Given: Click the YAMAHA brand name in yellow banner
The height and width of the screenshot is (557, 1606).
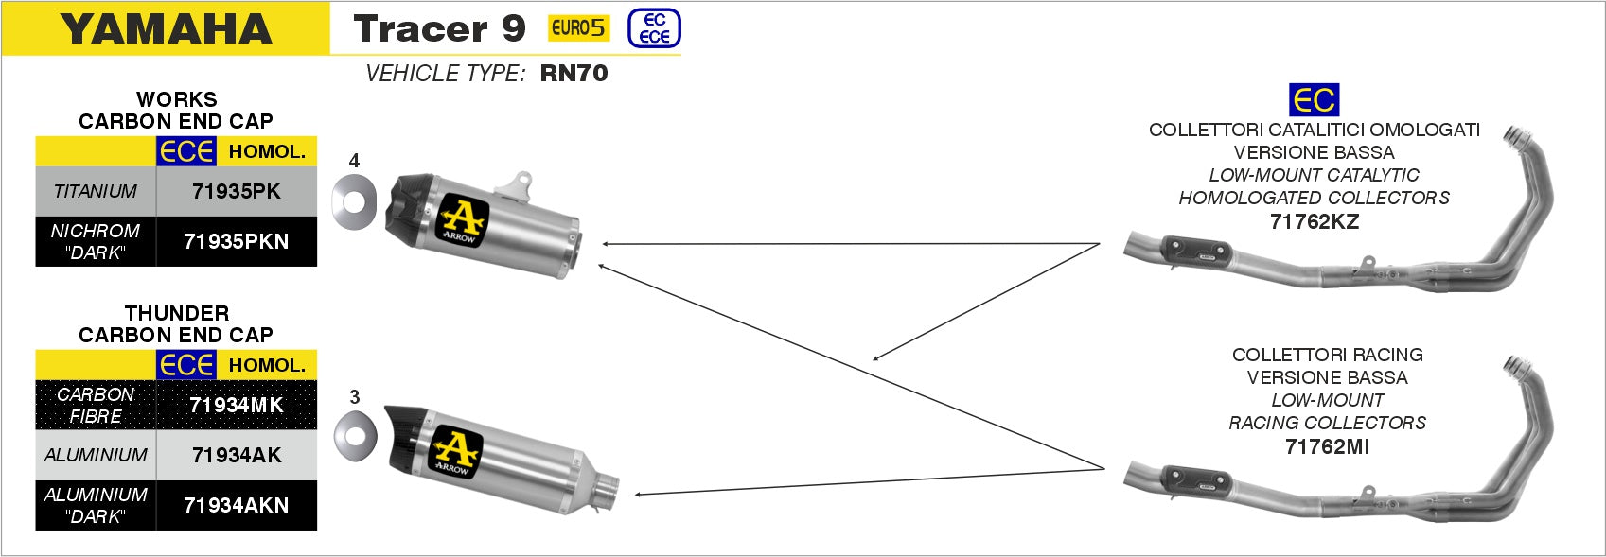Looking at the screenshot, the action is pos(166,29).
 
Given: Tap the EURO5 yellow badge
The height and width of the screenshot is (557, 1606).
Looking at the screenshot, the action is pos(578,28).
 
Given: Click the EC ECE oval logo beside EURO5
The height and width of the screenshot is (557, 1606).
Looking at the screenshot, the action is pos(654,28).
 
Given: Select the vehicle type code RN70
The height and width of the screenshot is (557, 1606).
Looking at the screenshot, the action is pos(574,73).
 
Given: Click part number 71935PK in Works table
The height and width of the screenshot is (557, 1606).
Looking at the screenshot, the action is pos(237,191).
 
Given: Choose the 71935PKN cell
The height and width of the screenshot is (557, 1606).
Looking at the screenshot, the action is pos(237,241).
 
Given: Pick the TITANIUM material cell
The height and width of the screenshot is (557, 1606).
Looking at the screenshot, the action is pos(96,191).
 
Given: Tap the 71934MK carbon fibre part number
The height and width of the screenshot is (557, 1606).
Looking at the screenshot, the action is pos(237,405).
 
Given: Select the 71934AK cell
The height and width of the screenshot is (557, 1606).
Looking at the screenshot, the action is pos(237,455).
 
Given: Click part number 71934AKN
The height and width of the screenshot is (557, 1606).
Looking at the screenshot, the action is pos(237,505).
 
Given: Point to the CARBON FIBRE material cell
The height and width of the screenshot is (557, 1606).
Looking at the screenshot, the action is pos(96,405).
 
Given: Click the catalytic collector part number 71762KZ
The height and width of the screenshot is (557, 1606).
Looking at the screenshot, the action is pos(1315,221).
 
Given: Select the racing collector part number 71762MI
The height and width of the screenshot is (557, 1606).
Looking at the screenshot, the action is pos(1327,446).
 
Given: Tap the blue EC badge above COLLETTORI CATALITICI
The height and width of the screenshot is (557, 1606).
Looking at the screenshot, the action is pos(1315,99).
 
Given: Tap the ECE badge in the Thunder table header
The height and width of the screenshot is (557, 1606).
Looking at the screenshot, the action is pos(186,366).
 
